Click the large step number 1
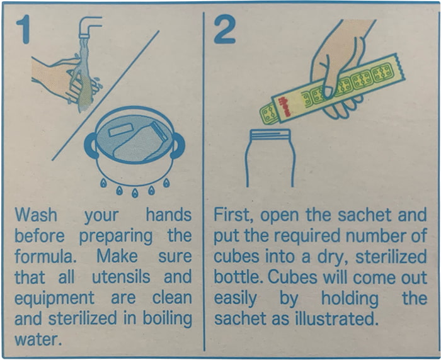(24, 29)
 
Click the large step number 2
(224, 29)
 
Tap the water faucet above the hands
(88, 27)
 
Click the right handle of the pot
(178, 145)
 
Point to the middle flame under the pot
(135, 193)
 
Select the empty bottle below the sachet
(270, 158)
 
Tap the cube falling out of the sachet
(268, 114)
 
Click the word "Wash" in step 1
(36, 215)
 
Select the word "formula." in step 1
(45, 256)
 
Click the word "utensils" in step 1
(121, 277)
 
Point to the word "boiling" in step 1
(168, 318)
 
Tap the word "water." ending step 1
(38, 339)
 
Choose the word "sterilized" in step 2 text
(391, 256)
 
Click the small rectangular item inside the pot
(121, 130)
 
